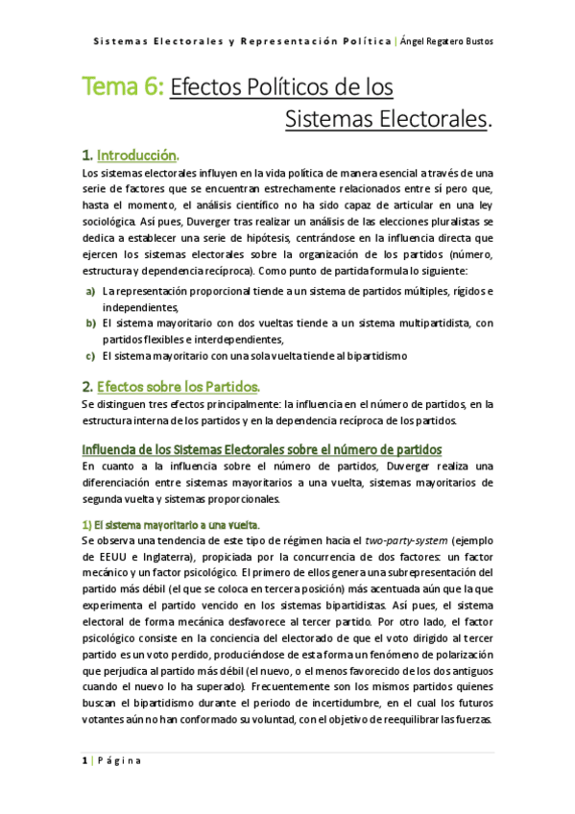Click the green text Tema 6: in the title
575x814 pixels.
pyautogui.click(x=123, y=89)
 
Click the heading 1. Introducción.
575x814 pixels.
pyautogui.click(x=131, y=154)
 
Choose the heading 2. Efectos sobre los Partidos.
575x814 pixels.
pyautogui.click(x=171, y=387)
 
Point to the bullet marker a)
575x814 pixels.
pyautogui.click(x=90, y=291)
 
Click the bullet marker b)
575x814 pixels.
pyautogui.click(x=90, y=323)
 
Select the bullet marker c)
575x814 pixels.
pyautogui.click(x=90, y=355)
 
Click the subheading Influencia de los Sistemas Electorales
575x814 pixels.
pyautogui.click(x=261, y=448)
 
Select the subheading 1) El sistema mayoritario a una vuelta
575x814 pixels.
pyautogui.click(x=170, y=523)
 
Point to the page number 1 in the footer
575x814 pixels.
pyautogui.click(x=84, y=760)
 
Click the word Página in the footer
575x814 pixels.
pyautogui.click(x=120, y=760)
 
